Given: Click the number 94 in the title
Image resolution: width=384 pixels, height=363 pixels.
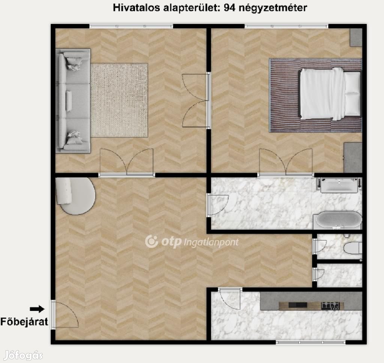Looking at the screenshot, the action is click(x=229, y=8).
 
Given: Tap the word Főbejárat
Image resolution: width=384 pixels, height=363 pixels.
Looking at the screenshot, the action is click(x=24, y=322).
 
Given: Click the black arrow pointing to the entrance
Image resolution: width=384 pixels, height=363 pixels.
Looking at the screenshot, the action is click(x=37, y=309).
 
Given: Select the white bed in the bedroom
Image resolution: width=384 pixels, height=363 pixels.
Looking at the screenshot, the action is click(x=330, y=94).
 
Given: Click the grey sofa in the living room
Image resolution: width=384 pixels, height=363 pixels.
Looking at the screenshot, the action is click(x=73, y=101).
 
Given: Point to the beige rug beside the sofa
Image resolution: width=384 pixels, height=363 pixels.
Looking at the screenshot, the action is click(x=119, y=100).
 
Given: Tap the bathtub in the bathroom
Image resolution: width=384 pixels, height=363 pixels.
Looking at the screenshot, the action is click(x=338, y=220).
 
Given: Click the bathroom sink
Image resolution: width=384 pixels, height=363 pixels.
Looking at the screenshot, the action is click(x=339, y=185).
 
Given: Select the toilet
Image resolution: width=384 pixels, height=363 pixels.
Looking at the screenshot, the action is click(x=352, y=248).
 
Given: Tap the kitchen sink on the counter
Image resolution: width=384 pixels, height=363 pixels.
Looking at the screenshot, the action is click(x=298, y=305).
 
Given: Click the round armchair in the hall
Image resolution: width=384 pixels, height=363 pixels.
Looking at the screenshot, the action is click(x=75, y=196).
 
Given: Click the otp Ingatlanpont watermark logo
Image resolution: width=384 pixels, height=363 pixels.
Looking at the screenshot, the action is click(x=192, y=242).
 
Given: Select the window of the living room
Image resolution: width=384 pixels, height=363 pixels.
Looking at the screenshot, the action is click(x=131, y=26).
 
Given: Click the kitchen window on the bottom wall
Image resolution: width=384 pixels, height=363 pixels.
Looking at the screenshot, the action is click(x=311, y=342).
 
